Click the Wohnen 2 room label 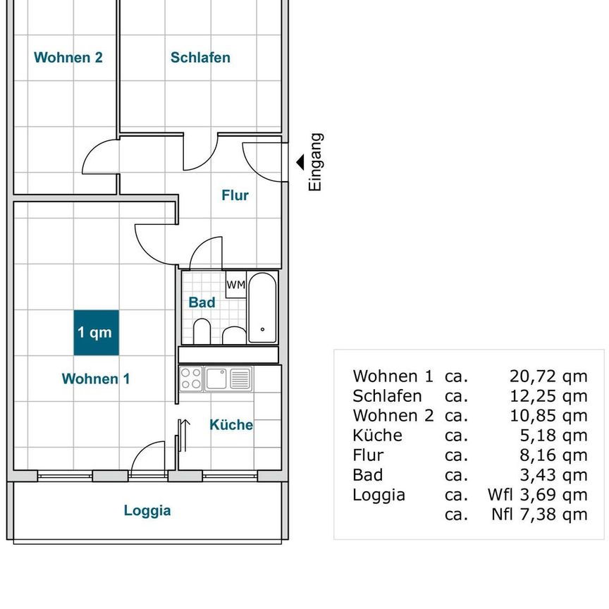coord(68,58)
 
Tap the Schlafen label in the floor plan coord(200,58)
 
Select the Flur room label coord(235,195)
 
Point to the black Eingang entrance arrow coord(300,162)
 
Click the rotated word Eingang coord(315,162)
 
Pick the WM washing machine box coord(235,284)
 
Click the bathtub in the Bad coord(262,307)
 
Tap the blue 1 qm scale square coord(97,333)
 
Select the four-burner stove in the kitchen coord(191,379)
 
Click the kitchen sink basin coord(216,379)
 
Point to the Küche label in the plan coord(231,424)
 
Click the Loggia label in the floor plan coord(147,510)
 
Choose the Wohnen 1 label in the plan coord(96,379)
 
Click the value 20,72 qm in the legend coord(548,376)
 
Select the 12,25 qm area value coord(548,396)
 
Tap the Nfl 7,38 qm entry coord(539,515)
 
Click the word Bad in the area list coord(368,475)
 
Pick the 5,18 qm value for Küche coord(554,436)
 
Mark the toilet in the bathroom coord(202,331)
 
